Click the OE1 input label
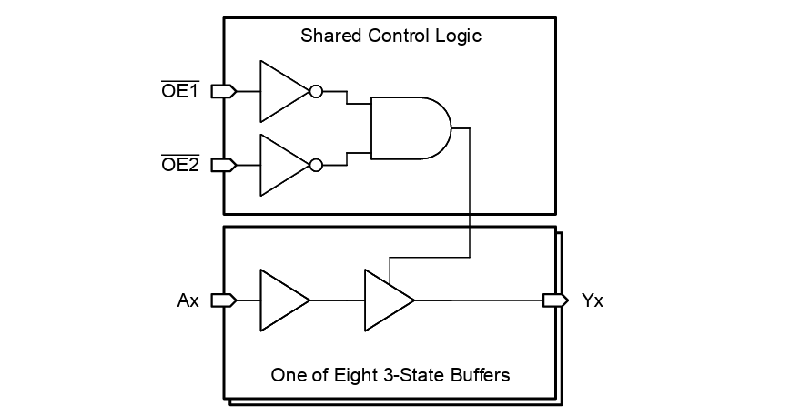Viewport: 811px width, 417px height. pos(180,91)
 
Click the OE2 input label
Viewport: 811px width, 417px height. pos(180,165)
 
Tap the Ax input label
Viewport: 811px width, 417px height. pos(188,300)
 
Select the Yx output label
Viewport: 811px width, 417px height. pos(592,300)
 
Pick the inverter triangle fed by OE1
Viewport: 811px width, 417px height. pos(280,91)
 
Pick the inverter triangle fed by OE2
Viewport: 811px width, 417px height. pos(280,165)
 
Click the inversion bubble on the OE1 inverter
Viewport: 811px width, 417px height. pos(316,91)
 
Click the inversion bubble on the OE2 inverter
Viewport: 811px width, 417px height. pos(316,165)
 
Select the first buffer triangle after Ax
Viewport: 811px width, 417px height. pos(280,300)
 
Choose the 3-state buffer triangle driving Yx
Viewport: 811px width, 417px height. pos(385,300)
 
